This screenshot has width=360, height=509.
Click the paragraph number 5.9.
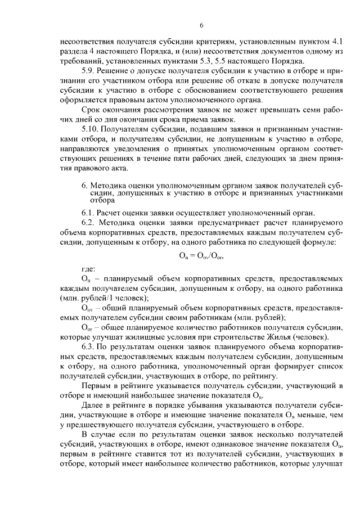[x=89, y=70]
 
